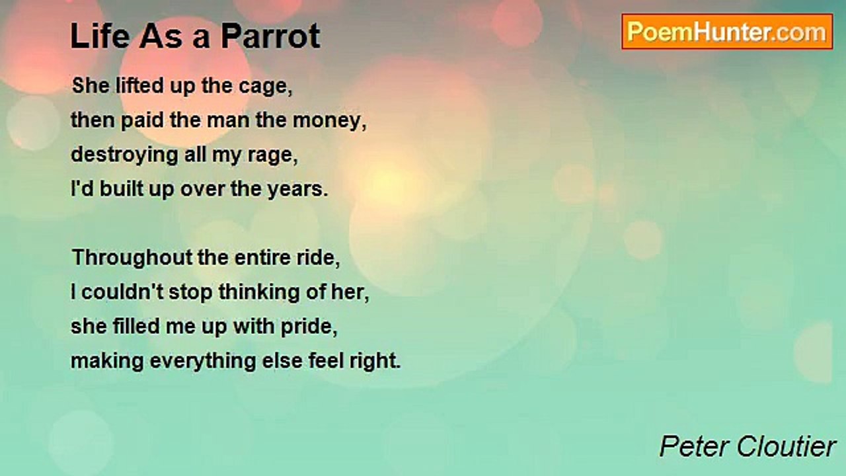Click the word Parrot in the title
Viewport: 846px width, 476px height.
(x=270, y=36)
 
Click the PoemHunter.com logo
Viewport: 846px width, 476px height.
(x=727, y=32)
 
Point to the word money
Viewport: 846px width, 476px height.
(x=329, y=122)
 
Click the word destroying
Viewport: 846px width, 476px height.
(x=124, y=155)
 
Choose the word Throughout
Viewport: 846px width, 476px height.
(x=132, y=258)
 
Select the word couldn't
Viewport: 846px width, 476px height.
(x=122, y=292)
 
